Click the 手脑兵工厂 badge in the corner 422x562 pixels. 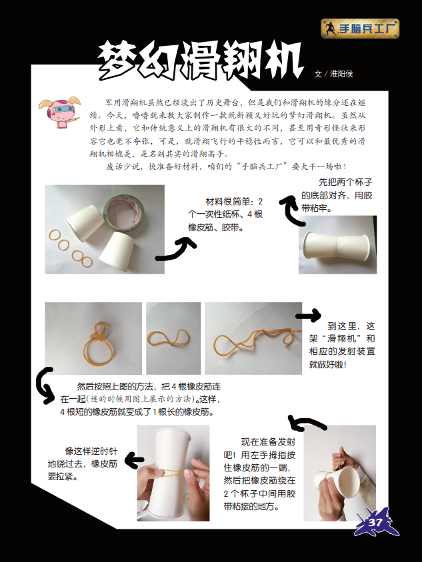pos(360,29)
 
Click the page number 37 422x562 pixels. pos(375,522)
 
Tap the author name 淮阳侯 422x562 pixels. pos(341,74)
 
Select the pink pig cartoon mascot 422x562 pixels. pos(60,112)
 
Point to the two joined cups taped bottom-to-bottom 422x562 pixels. pos(336,246)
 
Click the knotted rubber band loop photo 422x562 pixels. pos(93,338)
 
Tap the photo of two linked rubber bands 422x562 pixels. pos(173,338)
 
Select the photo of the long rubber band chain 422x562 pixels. pos(253,338)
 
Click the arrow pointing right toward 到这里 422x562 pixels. pos(309,316)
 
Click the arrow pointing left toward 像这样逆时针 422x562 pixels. pos(135,460)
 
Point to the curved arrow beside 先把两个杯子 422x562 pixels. pos(290,210)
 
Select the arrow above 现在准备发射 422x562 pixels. pos(307,423)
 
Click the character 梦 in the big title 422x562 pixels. pos(119,60)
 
